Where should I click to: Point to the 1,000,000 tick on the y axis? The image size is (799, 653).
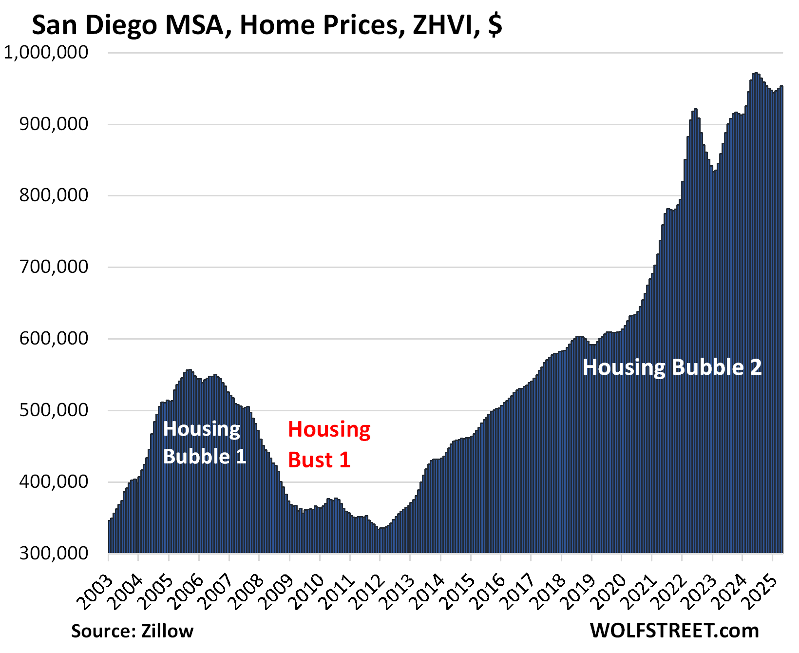pos(46,53)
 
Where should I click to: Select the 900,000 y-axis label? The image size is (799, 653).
pos(54,124)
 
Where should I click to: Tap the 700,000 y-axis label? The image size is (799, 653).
pos(54,267)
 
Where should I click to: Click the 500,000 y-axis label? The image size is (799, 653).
pos(54,410)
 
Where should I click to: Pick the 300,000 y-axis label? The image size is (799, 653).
pos(54,554)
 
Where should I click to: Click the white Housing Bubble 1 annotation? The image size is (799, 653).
pos(204,442)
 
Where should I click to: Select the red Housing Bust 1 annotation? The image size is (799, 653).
pos(329,444)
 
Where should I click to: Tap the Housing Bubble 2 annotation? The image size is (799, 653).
pos(672,367)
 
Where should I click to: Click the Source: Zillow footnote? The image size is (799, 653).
pos(133,631)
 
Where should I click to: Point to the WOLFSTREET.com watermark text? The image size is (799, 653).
pos(674,631)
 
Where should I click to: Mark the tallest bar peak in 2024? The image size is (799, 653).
pos(756,73)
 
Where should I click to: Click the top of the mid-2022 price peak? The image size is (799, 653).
pos(696,109)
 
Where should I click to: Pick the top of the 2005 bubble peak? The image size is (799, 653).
pos(189,370)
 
